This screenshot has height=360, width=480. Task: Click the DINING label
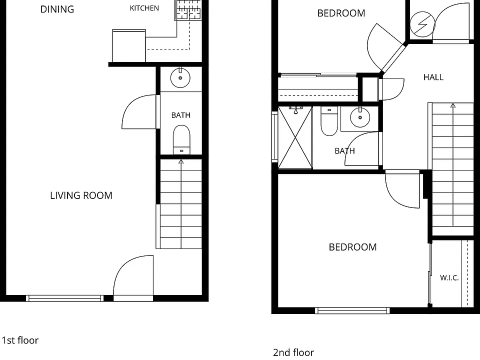tap(57, 9)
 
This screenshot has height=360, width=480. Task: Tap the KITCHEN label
tap(144, 8)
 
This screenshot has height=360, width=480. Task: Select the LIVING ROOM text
tap(81, 195)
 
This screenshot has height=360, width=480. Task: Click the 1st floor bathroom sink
tap(180, 78)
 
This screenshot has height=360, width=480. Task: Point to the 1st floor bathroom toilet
tap(181, 139)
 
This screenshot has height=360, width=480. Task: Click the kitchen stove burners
tap(188, 10)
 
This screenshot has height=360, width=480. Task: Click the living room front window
tap(64, 298)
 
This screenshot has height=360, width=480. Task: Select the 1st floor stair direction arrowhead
tap(181, 161)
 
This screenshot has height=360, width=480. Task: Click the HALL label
tap(433, 77)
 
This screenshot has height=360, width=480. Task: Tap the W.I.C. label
tap(449, 278)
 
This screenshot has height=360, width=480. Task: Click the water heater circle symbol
tap(422, 24)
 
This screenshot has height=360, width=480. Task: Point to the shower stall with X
tap(295, 137)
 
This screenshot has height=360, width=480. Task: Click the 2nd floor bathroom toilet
tap(329, 121)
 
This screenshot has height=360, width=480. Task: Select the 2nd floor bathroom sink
tap(360, 117)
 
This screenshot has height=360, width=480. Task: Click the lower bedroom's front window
tap(352, 310)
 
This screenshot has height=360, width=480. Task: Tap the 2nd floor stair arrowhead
tap(453, 105)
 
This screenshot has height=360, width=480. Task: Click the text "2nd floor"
tap(293, 352)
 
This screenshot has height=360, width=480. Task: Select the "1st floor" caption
tap(20, 340)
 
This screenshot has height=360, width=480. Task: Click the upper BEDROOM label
tap(341, 13)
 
